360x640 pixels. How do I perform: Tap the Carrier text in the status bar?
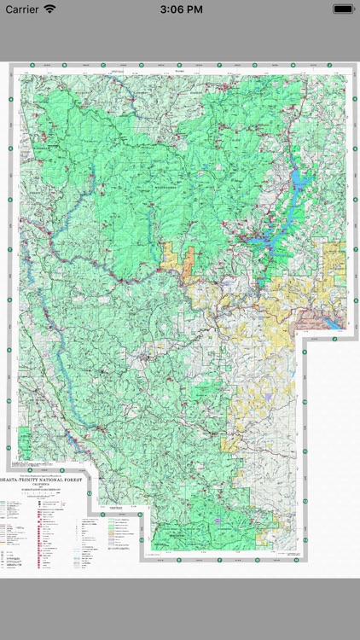(x=23, y=9)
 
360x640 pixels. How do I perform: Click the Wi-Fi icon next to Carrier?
(x=50, y=9)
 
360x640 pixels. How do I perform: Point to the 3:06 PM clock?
(x=180, y=9)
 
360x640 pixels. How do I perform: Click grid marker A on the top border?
(x=32, y=65)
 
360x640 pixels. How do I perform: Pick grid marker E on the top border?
(x=182, y=65)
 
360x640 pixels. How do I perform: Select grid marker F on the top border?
(x=219, y=65)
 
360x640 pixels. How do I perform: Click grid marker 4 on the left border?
(x=10, y=174)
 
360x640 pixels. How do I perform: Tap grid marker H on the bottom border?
(x=257, y=561)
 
